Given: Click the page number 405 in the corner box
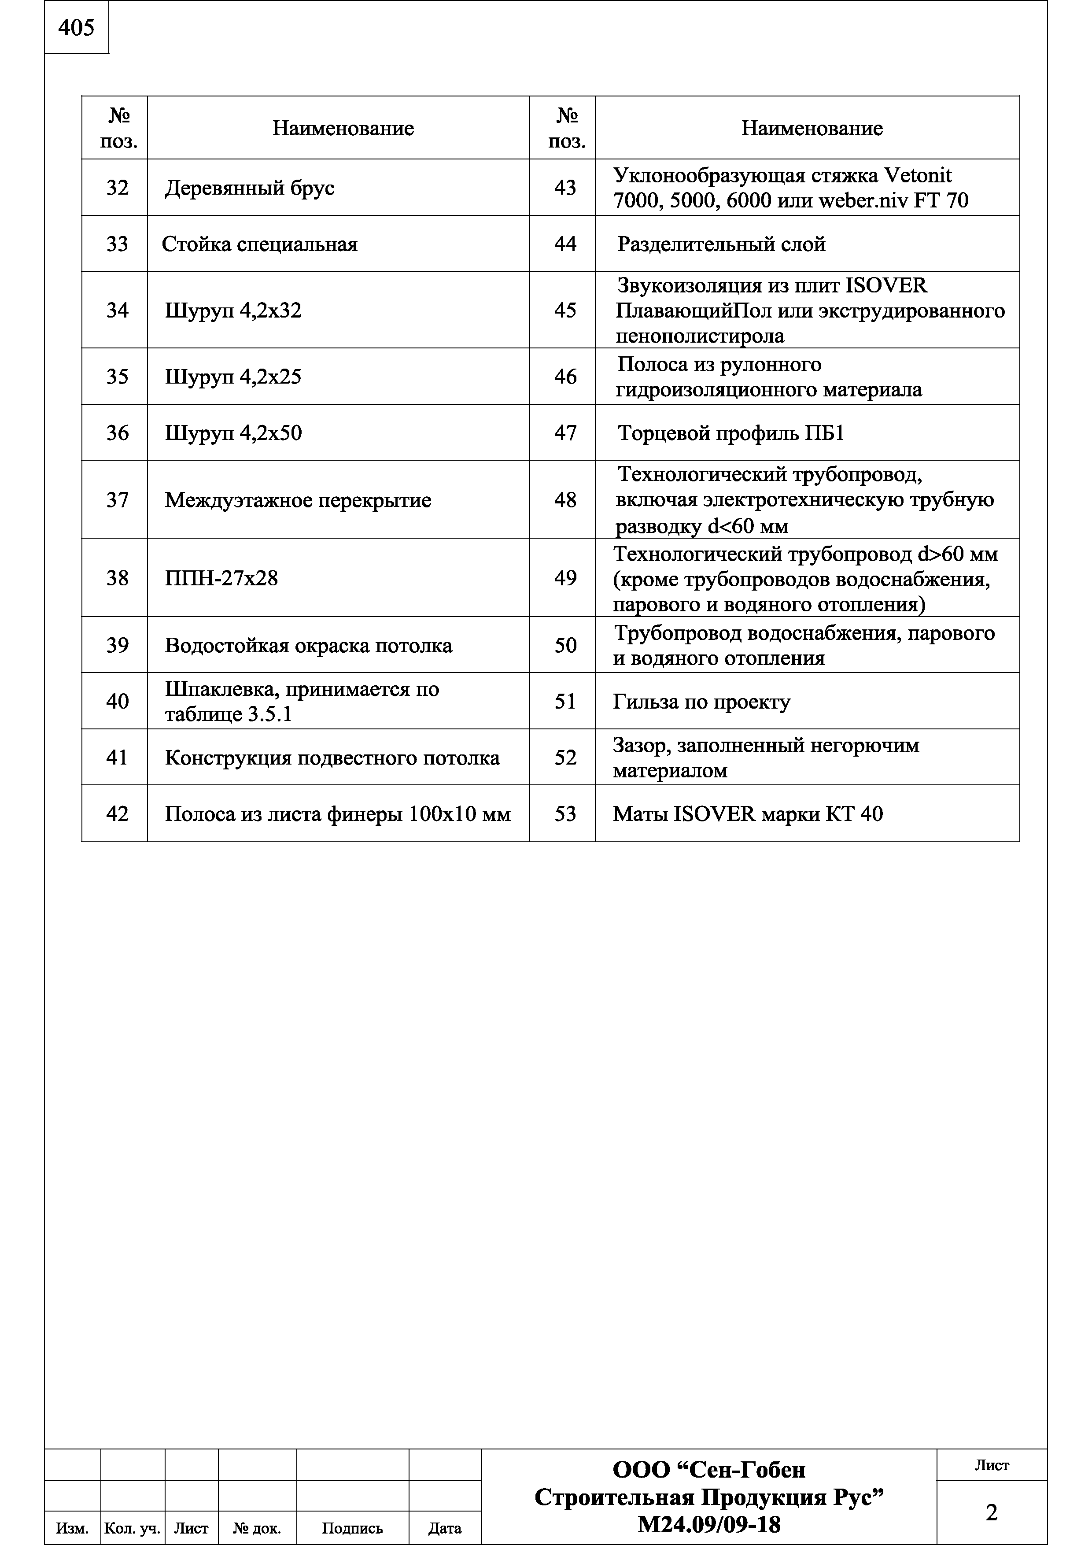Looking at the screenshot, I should click(76, 28).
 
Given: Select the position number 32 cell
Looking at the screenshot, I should click(117, 188).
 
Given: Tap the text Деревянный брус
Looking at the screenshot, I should click(250, 188).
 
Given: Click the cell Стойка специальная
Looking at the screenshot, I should click(260, 244).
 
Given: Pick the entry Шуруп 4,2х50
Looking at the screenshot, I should click(233, 432).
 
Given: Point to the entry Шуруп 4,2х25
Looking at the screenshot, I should click(233, 376).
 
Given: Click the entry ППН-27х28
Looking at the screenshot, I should click(221, 578).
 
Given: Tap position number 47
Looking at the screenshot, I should click(565, 432).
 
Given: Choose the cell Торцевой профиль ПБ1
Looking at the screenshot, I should click(730, 432).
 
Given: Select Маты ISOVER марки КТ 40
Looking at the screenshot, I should click(748, 814).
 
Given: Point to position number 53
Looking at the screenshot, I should click(565, 814).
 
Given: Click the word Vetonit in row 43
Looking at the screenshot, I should click(918, 176).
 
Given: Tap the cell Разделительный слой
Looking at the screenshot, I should click(721, 244).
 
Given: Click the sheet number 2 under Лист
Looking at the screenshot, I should click(991, 1513).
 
